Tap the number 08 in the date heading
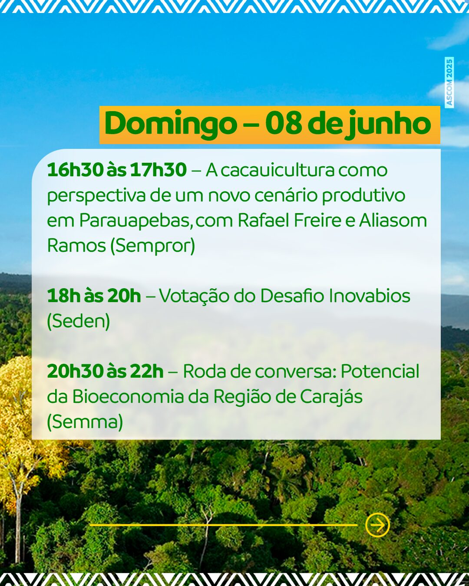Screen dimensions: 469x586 point(284,124)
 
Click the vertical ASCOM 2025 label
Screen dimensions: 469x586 point(449,82)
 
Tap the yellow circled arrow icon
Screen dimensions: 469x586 point(377,525)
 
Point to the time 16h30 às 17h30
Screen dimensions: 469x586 point(117,170)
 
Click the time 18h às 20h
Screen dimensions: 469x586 point(94,296)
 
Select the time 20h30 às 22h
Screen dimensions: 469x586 point(105,371)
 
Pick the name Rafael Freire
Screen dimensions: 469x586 point(290,221)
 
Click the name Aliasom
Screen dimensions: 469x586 point(393,221)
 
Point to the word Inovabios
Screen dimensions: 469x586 point(370,296)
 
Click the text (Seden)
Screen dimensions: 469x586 point(79,321)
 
